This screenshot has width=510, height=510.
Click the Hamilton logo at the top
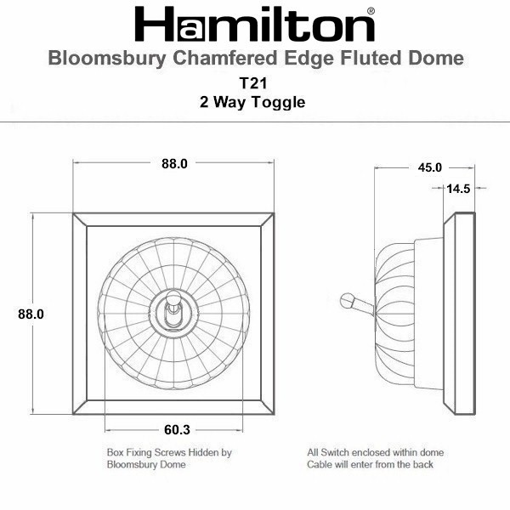(254, 24)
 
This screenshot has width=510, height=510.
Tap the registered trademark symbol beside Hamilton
(371, 11)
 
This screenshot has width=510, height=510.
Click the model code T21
(253, 83)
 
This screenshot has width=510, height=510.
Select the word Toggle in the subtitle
(279, 103)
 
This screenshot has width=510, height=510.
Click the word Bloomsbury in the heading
(107, 59)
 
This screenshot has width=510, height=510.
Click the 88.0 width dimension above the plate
(174, 163)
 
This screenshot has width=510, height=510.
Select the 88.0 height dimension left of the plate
(31, 314)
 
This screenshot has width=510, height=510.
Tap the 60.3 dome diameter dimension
(177, 429)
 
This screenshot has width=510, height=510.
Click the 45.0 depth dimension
(429, 167)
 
